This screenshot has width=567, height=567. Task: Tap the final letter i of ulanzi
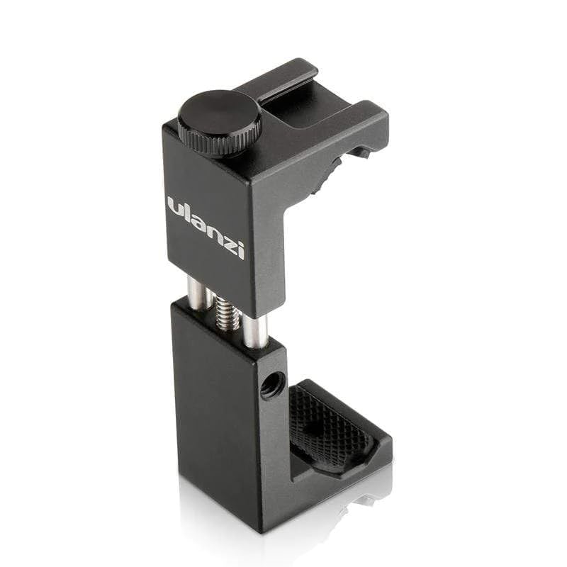[240, 248]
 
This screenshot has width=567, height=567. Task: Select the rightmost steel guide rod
[256, 330]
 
